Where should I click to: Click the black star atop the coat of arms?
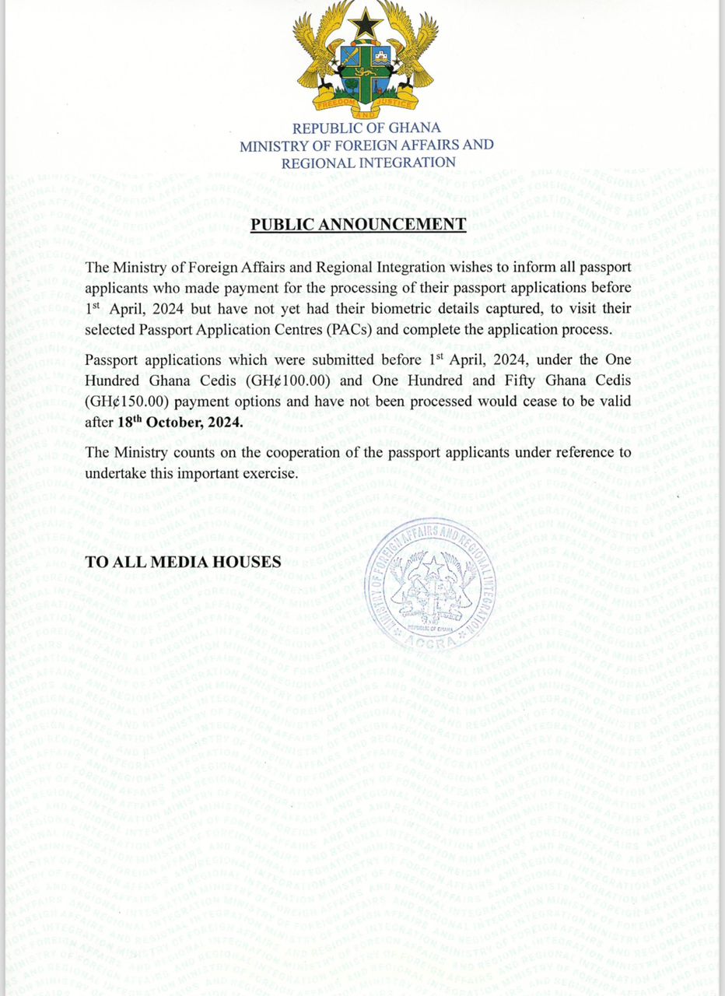366,24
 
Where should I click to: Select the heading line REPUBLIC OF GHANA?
366,128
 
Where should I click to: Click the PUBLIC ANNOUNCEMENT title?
358,226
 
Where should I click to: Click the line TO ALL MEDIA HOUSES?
183,561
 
